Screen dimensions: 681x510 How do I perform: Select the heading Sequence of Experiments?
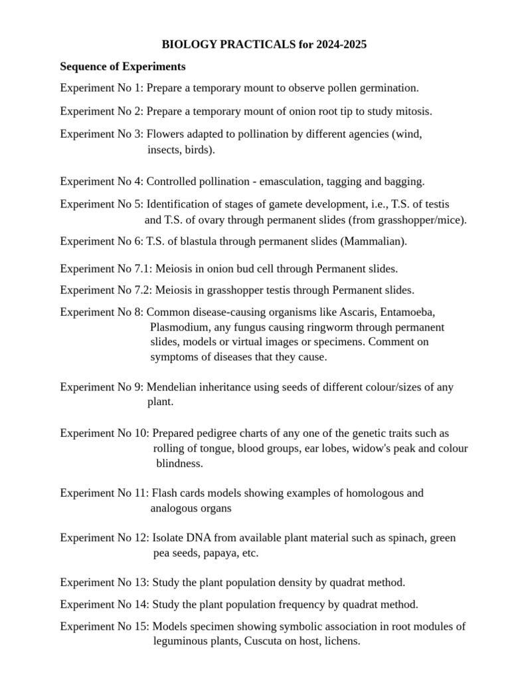[123, 67]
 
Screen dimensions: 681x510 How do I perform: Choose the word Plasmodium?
[177, 327]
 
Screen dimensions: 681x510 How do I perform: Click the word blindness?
[179, 463]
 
